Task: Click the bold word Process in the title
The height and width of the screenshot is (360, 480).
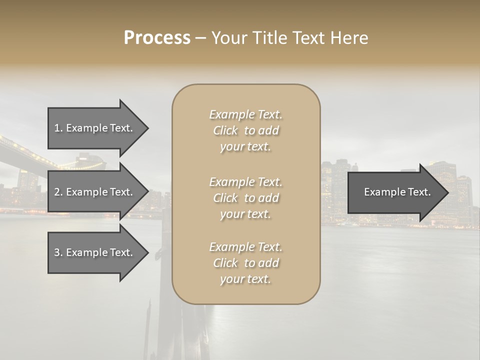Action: coord(157,37)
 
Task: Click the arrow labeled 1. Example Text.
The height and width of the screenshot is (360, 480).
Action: coord(95,128)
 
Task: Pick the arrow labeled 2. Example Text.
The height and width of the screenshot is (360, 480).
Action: coord(95,192)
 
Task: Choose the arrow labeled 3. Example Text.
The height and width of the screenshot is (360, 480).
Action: coord(95,252)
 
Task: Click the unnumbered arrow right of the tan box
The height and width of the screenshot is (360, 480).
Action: coord(395,192)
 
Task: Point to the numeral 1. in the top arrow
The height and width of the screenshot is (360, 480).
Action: coord(58,128)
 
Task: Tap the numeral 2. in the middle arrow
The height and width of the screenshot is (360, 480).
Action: coord(58,192)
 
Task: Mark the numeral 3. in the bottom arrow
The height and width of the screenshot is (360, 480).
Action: coord(58,252)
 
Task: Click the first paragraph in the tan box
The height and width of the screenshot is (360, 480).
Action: coord(245,130)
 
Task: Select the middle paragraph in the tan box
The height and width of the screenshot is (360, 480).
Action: coord(245,198)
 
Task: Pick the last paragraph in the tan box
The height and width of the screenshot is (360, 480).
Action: coord(245,263)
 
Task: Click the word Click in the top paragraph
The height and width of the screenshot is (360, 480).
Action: coord(225,130)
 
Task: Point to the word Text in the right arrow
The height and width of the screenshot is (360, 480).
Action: coord(419,192)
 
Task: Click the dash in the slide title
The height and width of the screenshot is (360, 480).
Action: coord(201,37)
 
